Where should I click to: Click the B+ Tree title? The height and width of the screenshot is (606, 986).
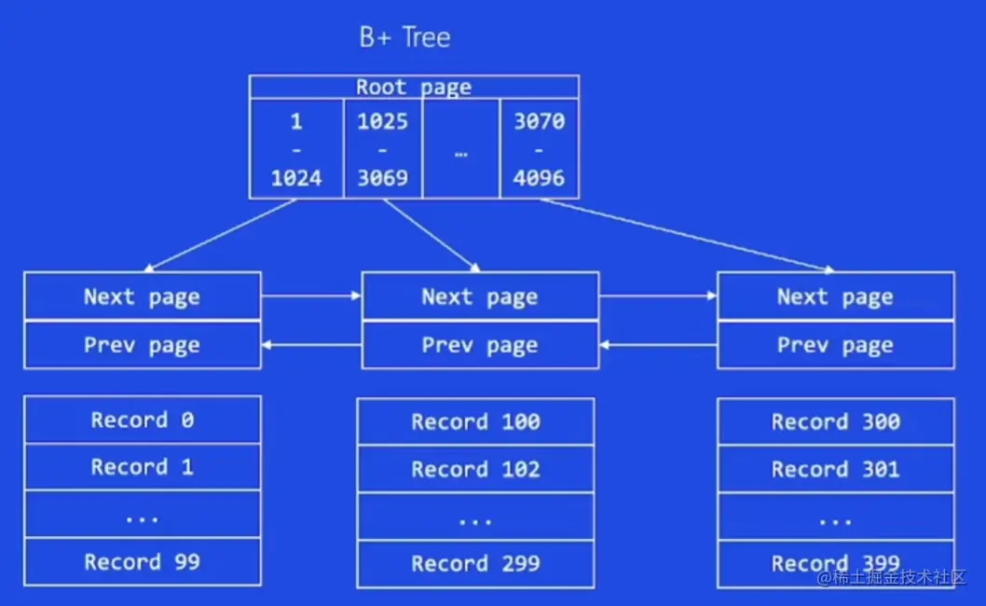[404, 37]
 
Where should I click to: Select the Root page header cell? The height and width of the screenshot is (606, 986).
[414, 88]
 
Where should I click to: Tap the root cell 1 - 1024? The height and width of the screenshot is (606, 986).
[296, 149]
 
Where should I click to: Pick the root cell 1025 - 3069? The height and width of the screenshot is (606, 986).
[383, 149]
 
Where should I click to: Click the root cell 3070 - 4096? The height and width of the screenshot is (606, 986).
[540, 149]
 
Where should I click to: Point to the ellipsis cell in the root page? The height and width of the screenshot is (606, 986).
[461, 149]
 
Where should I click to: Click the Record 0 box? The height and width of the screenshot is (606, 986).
[143, 420]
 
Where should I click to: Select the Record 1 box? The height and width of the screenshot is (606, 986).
[143, 467]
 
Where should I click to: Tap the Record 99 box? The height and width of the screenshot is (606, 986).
[143, 561]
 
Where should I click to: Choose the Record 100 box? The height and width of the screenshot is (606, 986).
[475, 421]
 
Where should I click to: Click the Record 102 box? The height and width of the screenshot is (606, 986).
[475, 469]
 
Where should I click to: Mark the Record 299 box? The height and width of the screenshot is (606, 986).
[475, 563]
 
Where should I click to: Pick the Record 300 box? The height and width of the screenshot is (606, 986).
[835, 421]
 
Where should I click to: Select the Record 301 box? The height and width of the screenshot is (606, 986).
[835, 469]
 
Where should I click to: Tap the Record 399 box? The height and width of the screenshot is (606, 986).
[835, 563]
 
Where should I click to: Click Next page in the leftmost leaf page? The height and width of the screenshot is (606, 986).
[143, 296]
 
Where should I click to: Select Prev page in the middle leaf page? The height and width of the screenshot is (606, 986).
[480, 345]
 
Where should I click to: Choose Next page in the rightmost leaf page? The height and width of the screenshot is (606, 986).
[835, 296]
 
